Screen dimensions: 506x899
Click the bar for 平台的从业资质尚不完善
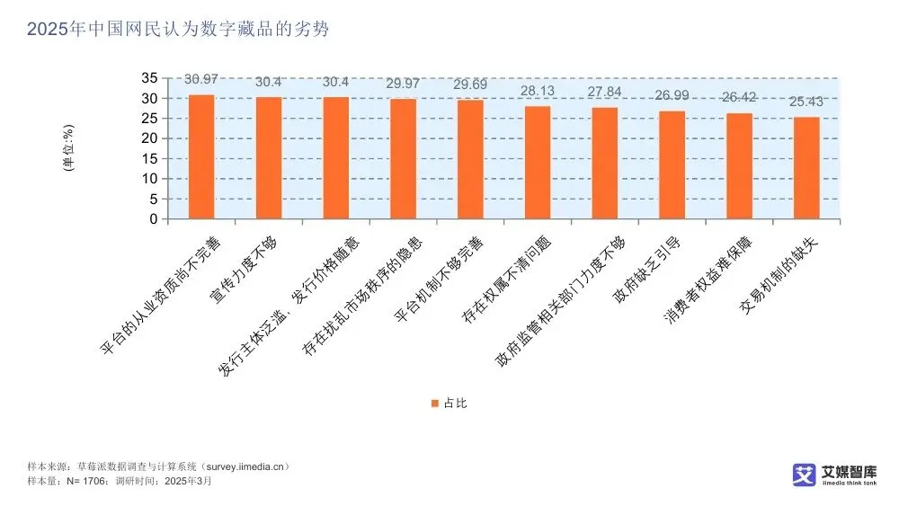click(201, 156)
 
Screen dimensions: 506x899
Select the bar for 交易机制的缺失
click(806, 168)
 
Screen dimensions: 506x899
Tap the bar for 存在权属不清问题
click(538, 163)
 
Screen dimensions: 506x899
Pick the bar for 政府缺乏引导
click(672, 164)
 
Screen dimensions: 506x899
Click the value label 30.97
click(201, 80)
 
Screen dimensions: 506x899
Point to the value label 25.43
click(806, 102)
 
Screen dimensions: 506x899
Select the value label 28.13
click(538, 91)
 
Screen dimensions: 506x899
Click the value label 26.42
click(739, 98)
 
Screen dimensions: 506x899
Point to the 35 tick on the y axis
click(150, 78)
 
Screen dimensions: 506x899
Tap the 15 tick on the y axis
click(150, 158)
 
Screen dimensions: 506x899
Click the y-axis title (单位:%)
click(67, 148)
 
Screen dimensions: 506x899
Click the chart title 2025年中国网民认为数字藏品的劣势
click(178, 29)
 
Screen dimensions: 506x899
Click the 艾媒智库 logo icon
click(804, 475)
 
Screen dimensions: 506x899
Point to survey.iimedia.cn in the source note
click(245, 467)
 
